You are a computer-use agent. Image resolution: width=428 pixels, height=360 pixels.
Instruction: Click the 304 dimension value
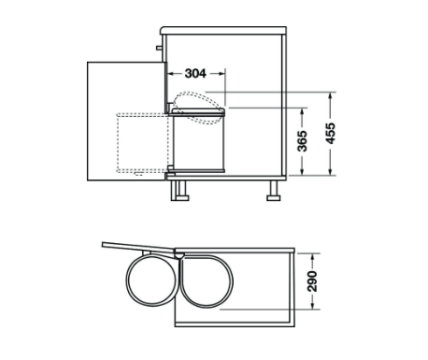pos(195,74)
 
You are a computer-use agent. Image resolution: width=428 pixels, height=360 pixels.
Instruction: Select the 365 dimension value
pos(302,141)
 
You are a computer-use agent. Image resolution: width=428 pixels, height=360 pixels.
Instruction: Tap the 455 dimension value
pos(330,134)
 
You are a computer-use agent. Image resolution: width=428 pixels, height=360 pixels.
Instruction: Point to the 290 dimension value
pos(312,281)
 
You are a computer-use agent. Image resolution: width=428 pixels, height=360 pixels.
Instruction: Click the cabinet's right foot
pos(274,191)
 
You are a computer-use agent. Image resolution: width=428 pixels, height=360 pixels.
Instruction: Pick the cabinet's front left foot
pos(179,191)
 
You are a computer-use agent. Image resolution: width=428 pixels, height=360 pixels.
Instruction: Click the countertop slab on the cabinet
pos(223,31)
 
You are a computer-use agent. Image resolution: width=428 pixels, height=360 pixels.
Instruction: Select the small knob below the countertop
pos(159,48)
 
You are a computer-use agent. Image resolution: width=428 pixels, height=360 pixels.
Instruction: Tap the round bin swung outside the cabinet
pos(152,280)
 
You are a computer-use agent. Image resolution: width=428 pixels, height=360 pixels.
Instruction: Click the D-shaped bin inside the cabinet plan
pos(207,281)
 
